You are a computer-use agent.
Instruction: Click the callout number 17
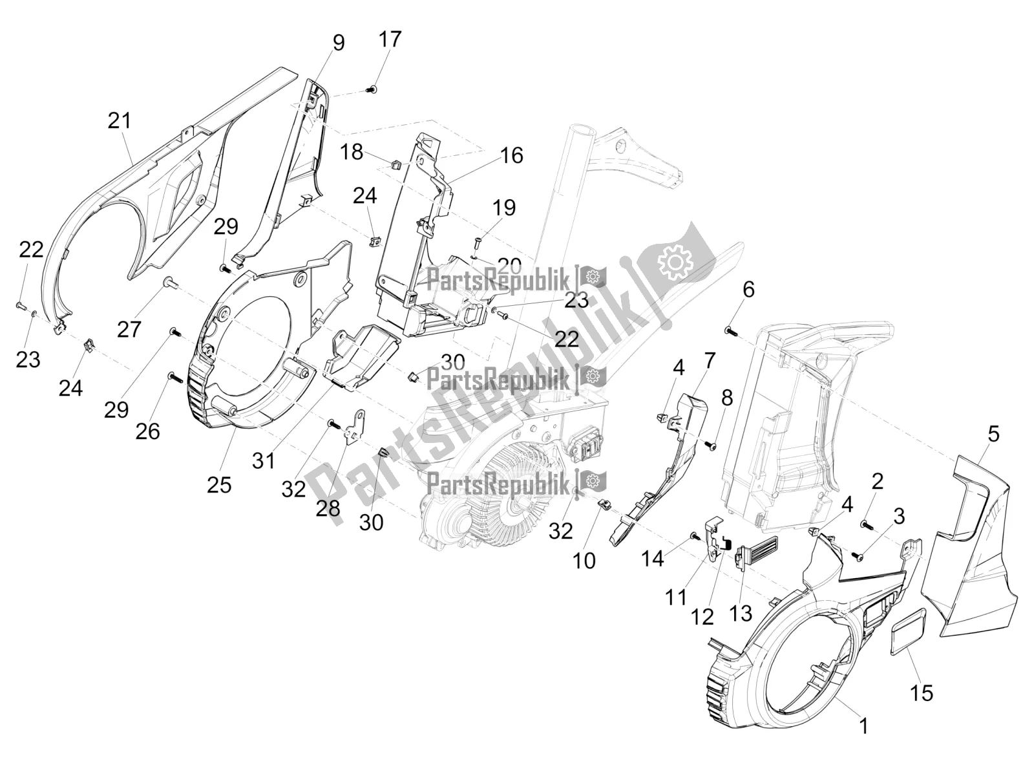click(390, 39)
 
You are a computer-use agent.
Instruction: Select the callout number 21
click(120, 120)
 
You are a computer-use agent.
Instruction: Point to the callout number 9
click(339, 43)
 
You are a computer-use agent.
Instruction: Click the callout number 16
click(511, 156)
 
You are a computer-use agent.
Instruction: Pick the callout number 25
click(219, 484)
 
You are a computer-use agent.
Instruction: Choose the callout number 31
click(264, 461)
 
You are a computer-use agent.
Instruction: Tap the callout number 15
click(922, 693)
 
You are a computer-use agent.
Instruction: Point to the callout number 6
click(748, 289)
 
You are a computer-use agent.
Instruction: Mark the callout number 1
click(863, 727)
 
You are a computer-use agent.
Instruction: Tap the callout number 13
click(741, 612)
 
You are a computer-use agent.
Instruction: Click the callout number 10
click(584, 561)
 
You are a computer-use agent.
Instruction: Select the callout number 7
click(709, 360)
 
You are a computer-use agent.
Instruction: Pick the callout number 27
click(129, 330)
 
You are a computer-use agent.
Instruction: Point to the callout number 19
click(504, 208)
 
